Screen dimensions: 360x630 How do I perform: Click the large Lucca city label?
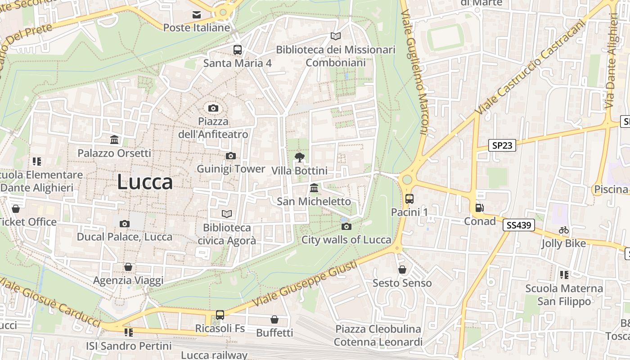145,182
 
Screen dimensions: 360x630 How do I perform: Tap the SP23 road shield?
502,145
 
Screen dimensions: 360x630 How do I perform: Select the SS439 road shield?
518,225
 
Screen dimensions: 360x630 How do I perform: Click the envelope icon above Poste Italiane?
197,15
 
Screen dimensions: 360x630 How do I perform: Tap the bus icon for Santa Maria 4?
237,50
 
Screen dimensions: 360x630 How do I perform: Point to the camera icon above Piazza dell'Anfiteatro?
213,108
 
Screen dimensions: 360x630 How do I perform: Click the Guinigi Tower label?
231,169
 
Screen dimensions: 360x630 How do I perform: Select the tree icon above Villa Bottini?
299,157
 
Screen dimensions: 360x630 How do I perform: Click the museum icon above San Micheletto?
314,188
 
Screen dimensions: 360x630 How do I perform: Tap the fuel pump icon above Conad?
480,208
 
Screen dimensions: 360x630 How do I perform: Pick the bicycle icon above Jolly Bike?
564,230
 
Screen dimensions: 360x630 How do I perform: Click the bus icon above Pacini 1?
409,198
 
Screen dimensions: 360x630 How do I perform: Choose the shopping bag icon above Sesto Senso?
402,270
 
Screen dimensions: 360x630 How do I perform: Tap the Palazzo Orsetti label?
114,153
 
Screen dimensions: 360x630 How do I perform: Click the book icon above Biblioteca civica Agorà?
227,214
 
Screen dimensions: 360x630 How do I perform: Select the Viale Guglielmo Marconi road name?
417,72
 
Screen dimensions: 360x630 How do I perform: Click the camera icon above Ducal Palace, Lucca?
125,224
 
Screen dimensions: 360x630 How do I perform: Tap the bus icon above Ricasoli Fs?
220,315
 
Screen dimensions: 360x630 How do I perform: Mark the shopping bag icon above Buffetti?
274,319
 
